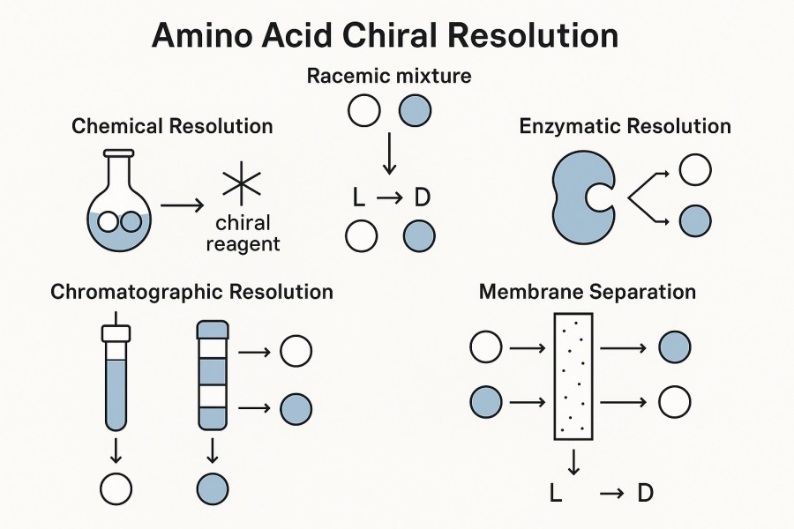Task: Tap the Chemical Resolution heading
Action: tap(172, 126)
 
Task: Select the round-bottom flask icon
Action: tap(119, 207)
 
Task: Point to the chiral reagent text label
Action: tap(243, 233)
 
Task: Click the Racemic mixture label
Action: tap(389, 76)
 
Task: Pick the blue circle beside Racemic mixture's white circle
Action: tap(416, 112)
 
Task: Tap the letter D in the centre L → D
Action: tap(422, 197)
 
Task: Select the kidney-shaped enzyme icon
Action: tap(582, 197)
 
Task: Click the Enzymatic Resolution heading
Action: tap(625, 126)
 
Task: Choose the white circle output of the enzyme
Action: tap(695, 170)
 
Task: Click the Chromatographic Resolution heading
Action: tap(191, 292)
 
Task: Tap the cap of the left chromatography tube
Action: tap(116, 333)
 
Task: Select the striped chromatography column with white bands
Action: tap(213, 375)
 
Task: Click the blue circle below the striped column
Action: tap(213, 488)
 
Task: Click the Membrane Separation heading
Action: tap(587, 292)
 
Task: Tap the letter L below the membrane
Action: tap(556, 493)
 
